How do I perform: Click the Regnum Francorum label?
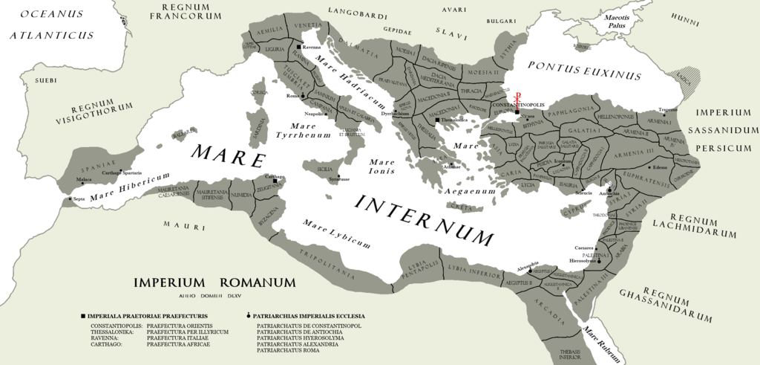click(186, 13)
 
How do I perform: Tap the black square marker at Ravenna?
click(297, 46)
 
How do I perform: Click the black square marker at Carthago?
click(275, 181)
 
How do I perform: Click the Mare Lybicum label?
click(336, 231)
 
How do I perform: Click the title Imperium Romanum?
click(214, 282)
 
